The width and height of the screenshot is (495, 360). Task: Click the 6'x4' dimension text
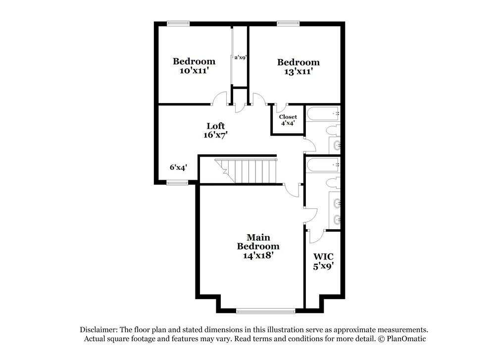coord(178,167)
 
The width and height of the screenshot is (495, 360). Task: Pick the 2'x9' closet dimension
coord(241,57)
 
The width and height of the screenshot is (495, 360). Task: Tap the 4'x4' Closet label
coord(288,120)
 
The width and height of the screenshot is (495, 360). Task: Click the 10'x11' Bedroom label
coord(194,66)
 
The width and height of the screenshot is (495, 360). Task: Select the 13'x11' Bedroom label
coord(298,67)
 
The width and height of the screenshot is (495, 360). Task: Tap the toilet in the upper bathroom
coord(334,131)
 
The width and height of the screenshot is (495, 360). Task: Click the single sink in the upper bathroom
coord(337,146)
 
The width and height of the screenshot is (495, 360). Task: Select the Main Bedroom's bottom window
coord(265,311)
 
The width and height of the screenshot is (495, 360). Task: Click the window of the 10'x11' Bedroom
coord(178,23)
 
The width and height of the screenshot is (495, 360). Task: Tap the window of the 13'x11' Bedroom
coord(288,23)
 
